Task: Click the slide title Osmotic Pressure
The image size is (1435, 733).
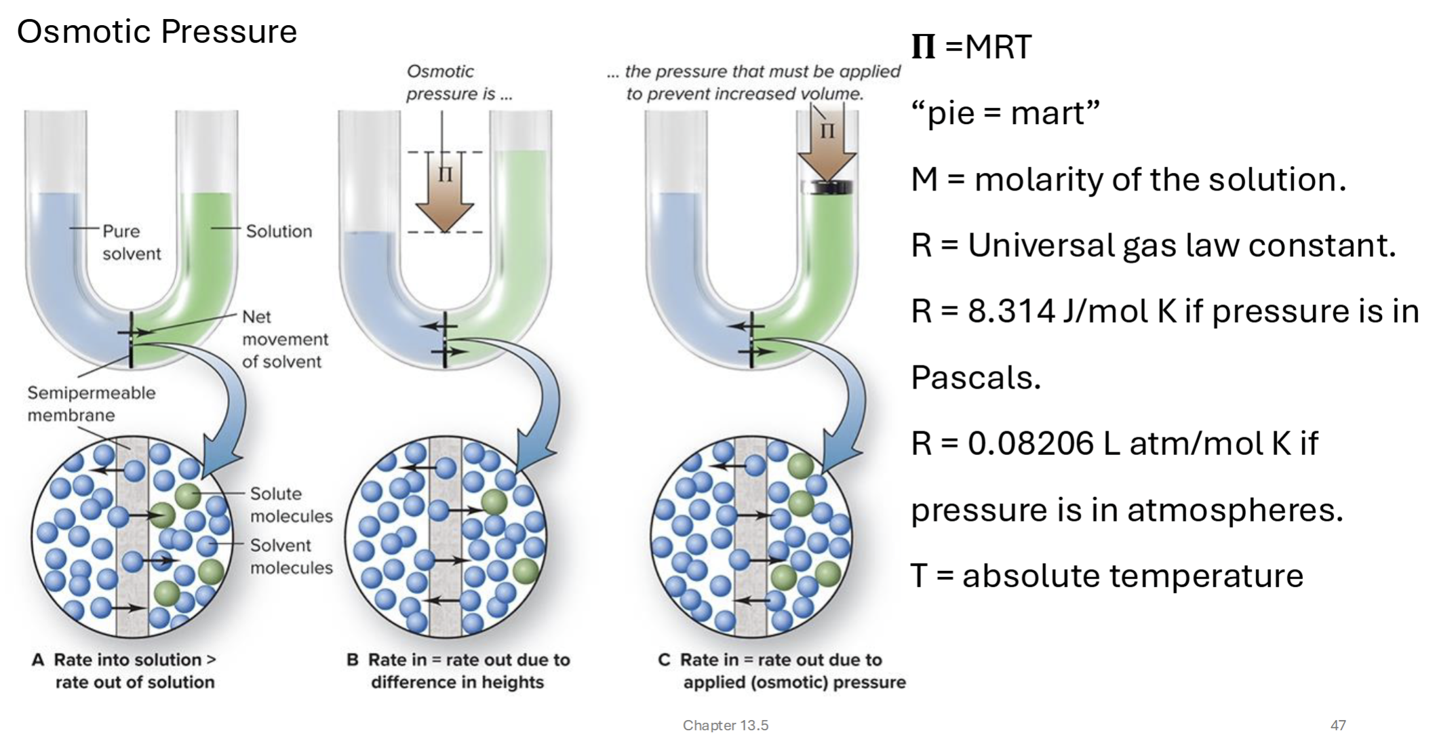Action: [157, 32]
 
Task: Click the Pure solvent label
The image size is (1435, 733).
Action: [131, 242]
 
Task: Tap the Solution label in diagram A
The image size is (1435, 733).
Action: [279, 231]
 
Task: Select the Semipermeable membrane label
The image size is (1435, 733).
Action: [91, 403]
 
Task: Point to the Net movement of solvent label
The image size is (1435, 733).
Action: [285, 339]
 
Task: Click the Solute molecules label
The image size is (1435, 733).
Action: [291, 504]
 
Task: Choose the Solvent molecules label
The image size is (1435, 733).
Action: [291, 556]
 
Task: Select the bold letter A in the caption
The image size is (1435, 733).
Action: [38, 660]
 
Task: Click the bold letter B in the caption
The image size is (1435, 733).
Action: [353, 660]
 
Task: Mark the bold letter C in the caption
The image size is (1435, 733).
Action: [664, 660]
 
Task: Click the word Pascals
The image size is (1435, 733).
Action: [975, 378]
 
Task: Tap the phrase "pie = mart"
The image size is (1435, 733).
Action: [1005, 113]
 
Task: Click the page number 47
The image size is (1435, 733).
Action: [1338, 725]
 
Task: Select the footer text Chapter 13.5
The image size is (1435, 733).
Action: [725, 725]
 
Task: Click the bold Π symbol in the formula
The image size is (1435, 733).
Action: [923, 47]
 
